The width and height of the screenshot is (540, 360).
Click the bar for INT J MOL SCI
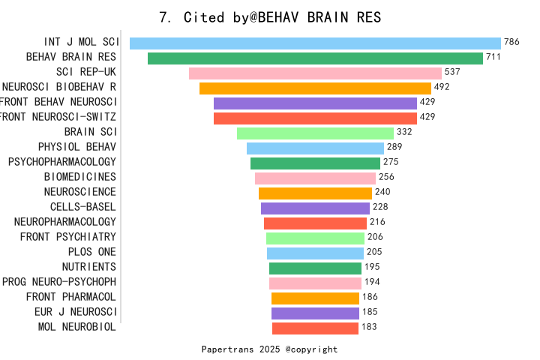coord(315,43)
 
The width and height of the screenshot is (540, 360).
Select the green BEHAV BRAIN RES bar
coord(315,58)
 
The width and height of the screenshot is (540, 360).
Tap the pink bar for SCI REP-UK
coord(315,73)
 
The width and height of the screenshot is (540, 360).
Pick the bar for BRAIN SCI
coord(315,133)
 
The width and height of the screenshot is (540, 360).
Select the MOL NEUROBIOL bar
coord(315,328)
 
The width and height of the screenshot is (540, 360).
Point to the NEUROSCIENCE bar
coord(315,193)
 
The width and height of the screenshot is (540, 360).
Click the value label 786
coord(512,43)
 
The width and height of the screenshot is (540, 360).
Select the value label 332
coord(404,133)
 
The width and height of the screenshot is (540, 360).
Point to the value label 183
coord(368,327)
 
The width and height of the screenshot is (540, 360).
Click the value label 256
coord(386,178)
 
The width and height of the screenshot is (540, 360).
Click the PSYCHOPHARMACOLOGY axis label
coord(62,162)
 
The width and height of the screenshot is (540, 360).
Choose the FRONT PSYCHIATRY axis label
coord(68,237)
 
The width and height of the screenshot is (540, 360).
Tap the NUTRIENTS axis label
coord(88,267)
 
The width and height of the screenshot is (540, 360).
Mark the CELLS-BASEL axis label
coord(83,207)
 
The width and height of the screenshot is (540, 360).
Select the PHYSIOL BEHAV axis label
coord(77,147)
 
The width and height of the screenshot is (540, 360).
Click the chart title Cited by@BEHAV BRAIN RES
coord(270,17)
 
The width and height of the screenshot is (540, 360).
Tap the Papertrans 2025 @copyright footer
coord(270,349)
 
